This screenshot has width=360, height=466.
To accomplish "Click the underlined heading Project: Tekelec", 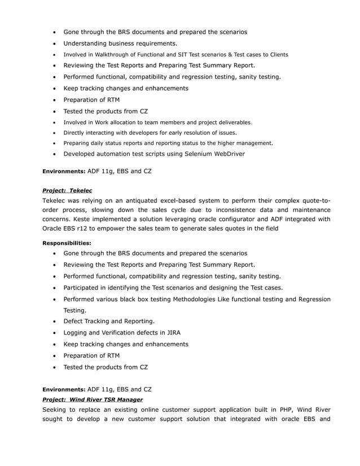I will [67, 191].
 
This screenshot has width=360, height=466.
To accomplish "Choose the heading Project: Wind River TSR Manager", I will [93, 399].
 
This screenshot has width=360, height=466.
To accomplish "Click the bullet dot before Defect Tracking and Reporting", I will [54, 322].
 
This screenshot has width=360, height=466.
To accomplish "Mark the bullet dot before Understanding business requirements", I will [54, 43].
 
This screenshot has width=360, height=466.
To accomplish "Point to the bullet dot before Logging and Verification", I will [54, 333].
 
